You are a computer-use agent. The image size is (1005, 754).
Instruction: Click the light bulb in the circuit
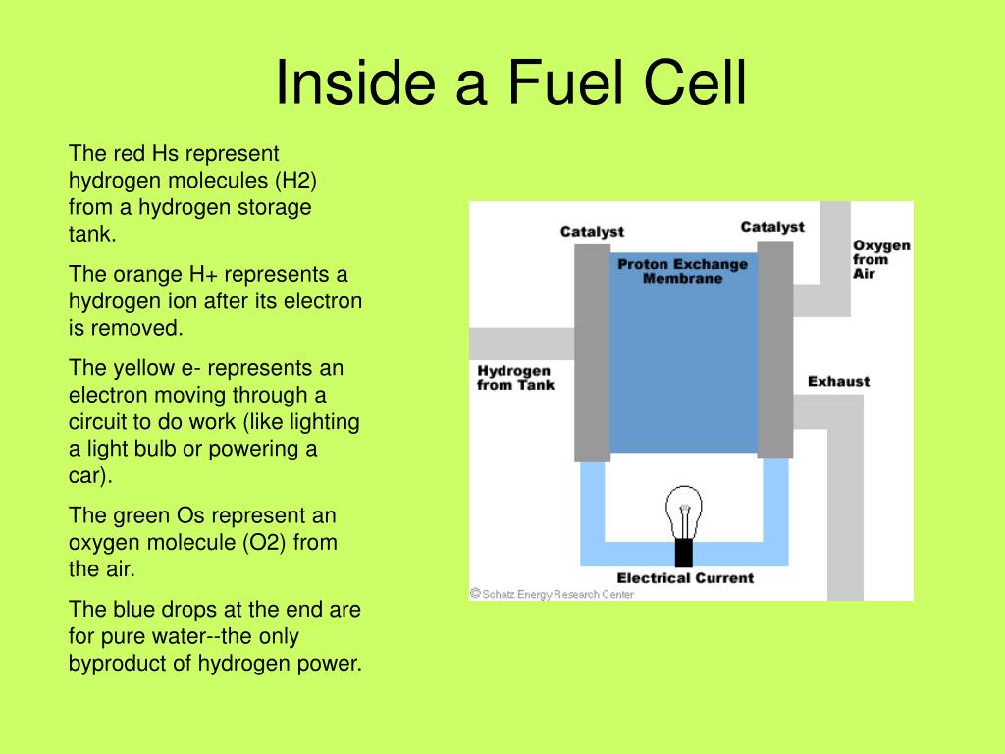683,515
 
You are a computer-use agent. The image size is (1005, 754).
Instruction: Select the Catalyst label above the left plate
592,232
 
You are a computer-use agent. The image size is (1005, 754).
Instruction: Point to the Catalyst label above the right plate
772,227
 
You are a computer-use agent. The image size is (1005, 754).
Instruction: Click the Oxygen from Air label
881,259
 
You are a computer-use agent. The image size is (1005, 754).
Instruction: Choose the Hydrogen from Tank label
515,378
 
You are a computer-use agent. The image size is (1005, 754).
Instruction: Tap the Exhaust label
838,381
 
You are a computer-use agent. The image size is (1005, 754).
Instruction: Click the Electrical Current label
685,577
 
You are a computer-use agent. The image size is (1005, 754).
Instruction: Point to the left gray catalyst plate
592,353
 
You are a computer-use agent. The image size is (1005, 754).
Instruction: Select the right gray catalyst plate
775,349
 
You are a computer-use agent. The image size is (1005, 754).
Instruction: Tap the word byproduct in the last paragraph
131,663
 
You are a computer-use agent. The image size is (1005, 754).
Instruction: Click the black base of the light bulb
683,553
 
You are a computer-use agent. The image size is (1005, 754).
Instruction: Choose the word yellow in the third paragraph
133,368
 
